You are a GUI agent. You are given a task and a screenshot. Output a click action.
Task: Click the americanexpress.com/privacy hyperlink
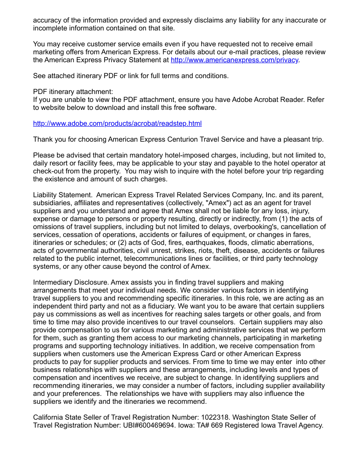click(234, 60)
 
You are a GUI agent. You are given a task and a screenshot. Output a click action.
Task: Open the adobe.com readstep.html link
click(117, 124)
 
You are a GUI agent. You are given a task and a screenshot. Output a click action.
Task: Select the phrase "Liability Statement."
click(63, 195)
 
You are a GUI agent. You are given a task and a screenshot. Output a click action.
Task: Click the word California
click(50, 417)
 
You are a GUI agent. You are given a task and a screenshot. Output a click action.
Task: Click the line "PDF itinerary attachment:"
click(73, 92)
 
